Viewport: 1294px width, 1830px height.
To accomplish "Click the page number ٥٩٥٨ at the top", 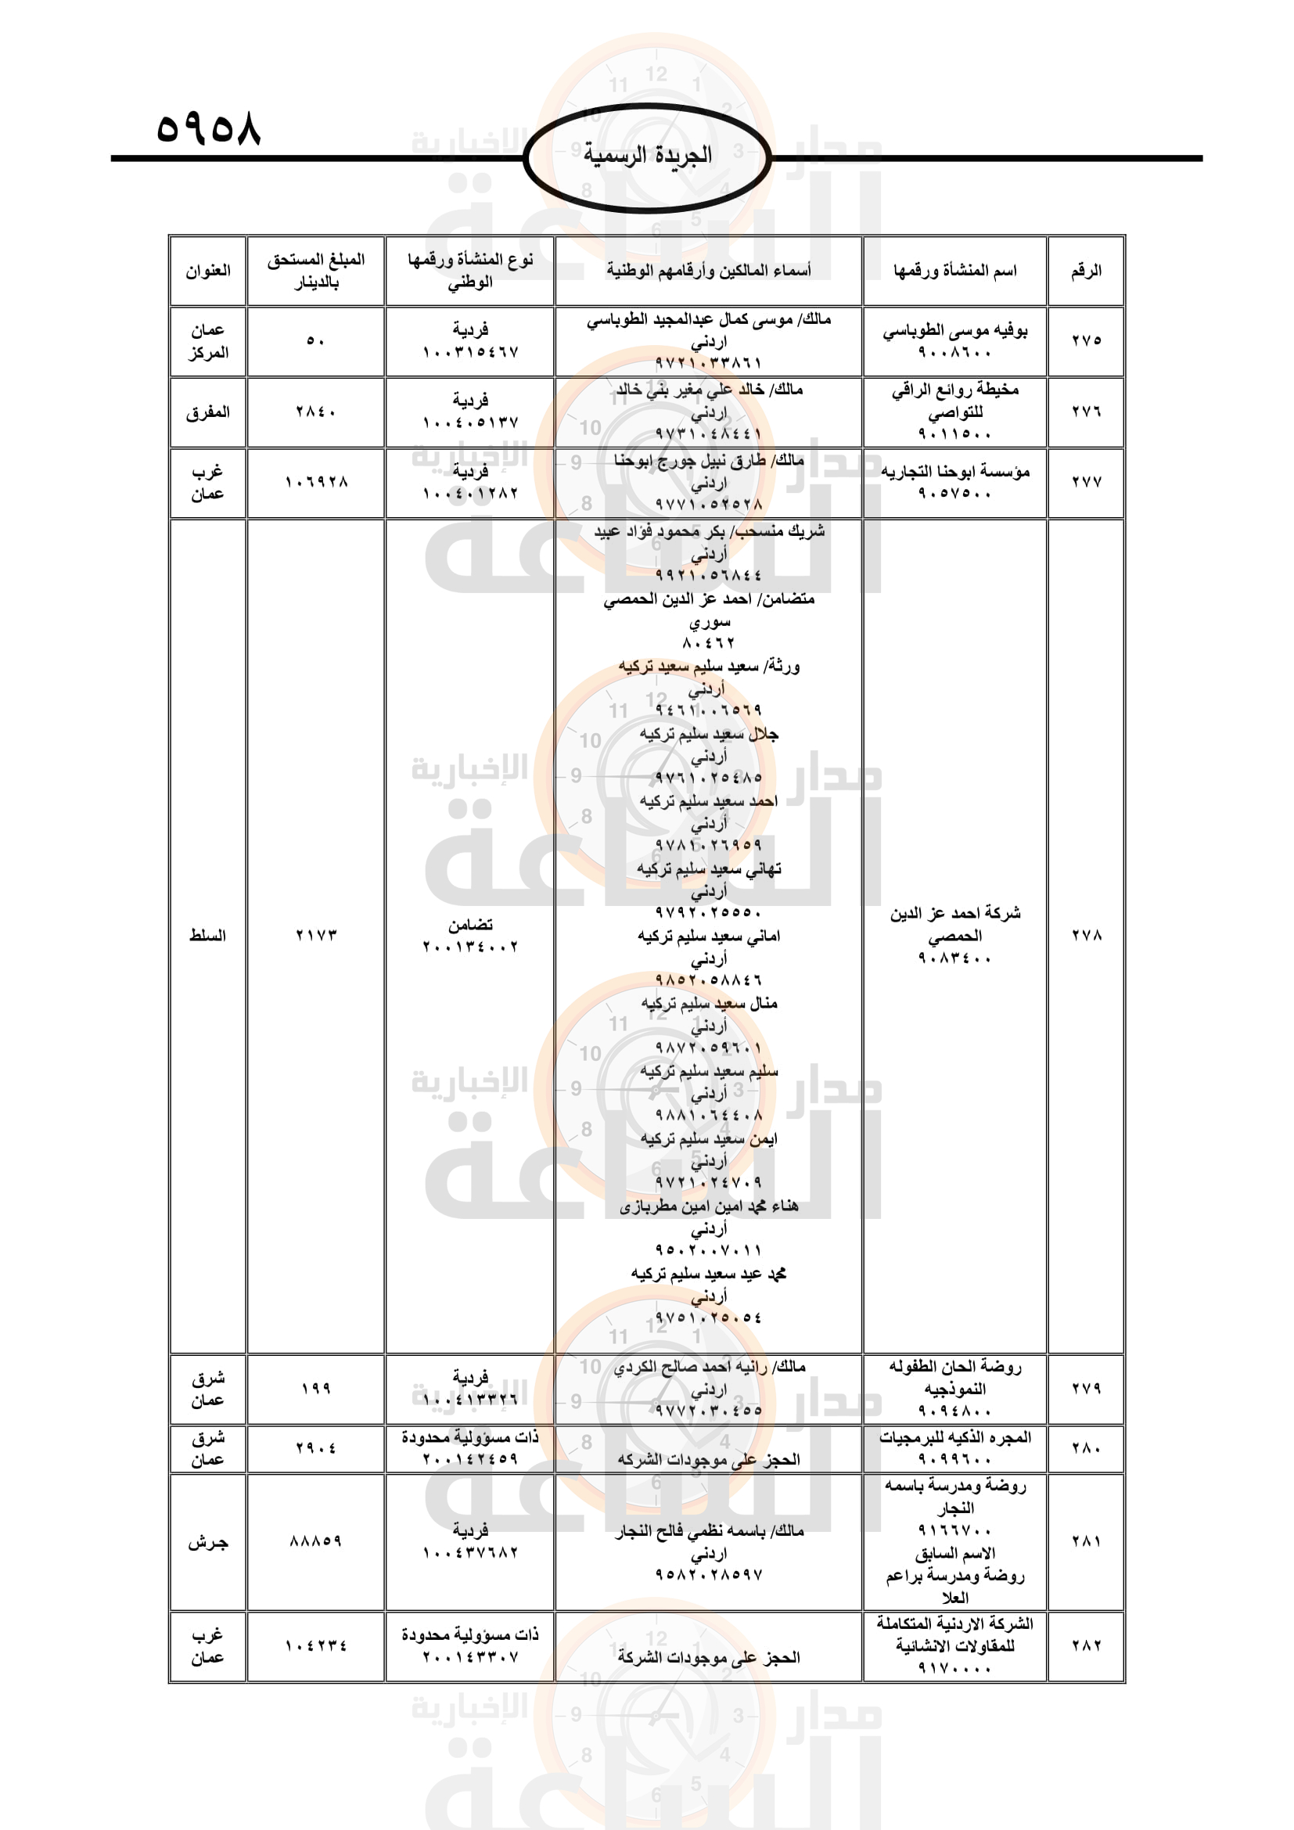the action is [208, 128].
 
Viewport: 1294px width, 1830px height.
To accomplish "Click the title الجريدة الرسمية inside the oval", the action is [648, 155].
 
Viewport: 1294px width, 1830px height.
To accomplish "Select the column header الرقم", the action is [1085, 271].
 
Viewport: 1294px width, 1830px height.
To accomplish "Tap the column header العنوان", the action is [208, 271].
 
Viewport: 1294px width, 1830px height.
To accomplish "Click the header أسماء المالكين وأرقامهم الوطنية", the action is [708, 271].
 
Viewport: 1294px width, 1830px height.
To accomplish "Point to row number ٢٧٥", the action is [1085, 340].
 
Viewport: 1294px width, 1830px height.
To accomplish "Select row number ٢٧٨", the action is [1085, 935].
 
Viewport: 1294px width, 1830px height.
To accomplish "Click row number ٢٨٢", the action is [1085, 1646].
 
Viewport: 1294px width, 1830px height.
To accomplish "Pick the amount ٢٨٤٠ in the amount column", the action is [315, 412].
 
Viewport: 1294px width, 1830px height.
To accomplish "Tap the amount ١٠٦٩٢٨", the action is [315, 482].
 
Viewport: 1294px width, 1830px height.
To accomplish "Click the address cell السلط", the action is [208, 935].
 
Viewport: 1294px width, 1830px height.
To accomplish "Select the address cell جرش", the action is [208, 1542].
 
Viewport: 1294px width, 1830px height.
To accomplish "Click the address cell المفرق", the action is [208, 412].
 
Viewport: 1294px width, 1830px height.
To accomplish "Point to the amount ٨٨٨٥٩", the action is [315, 1542].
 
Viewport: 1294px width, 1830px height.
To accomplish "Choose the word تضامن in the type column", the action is [470, 925].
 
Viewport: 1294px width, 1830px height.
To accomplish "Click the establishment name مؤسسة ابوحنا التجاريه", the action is [954, 472].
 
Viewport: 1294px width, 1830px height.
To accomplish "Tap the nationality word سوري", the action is [708, 621].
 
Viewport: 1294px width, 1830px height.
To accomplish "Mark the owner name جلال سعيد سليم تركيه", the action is [708, 733].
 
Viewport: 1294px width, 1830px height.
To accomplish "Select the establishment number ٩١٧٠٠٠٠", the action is [954, 1667].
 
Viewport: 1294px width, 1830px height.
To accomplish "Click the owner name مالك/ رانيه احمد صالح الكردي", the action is [708, 1367].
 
